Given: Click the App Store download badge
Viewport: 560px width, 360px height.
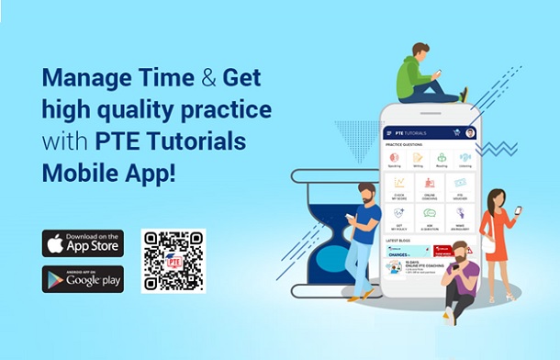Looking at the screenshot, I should [x=83, y=243].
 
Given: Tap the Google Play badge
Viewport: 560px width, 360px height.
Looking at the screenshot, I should [x=83, y=279].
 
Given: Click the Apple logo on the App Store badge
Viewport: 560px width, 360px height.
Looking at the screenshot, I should [x=55, y=243].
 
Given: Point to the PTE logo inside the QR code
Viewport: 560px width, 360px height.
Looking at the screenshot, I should [x=174, y=261].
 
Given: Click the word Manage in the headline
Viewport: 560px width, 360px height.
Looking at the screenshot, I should [x=92, y=76].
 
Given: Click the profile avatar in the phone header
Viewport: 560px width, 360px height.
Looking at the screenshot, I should [x=470, y=133].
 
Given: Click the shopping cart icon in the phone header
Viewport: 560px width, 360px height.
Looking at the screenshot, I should [x=457, y=133].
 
